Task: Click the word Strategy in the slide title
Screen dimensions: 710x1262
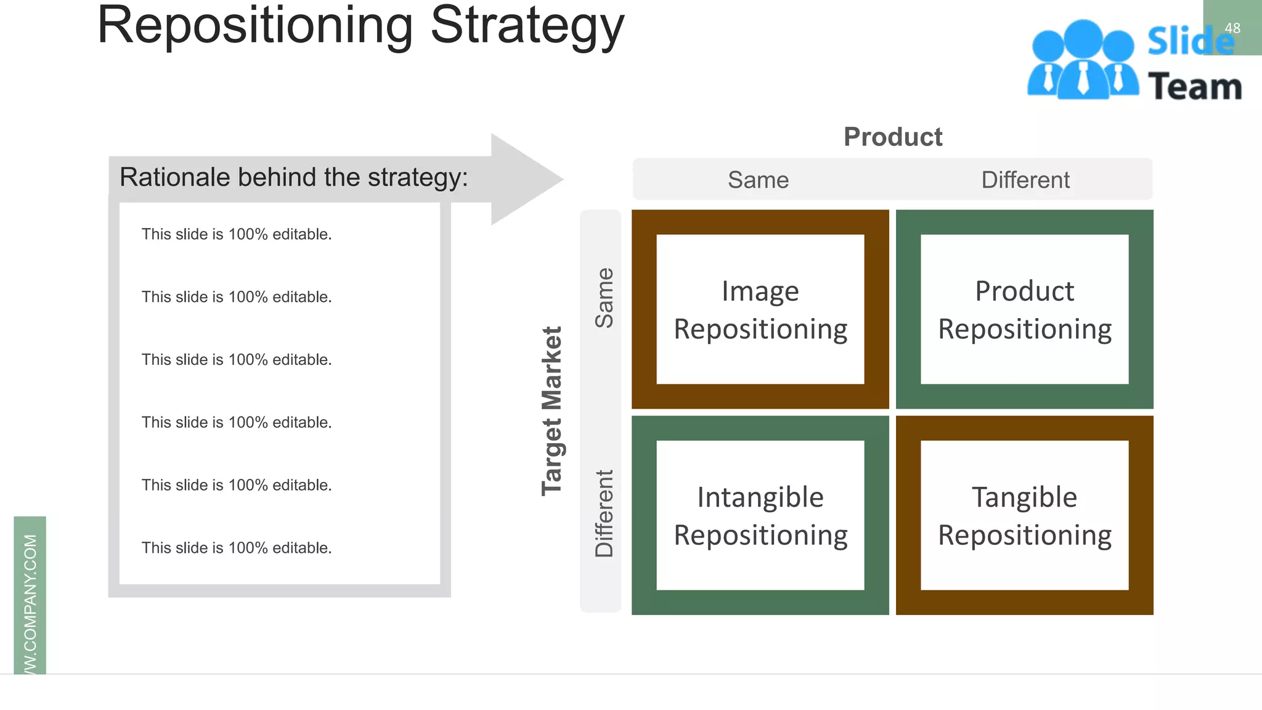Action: pyautogui.click(x=527, y=26)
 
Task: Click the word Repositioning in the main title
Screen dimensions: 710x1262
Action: pyautogui.click(x=255, y=26)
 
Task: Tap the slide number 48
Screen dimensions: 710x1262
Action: pyautogui.click(x=1232, y=28)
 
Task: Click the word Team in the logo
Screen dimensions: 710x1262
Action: pyautogui.click(x=1195, y=86)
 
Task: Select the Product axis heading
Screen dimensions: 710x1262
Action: pyautogui.click(x=892, y=137)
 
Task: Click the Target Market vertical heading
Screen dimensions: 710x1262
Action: pyautogui.click(x=552, y=410)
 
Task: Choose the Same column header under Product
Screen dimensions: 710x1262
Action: pyautogui.click(x=758, y=180)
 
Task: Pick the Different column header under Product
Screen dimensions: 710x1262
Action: pyautogui.click(x=1025, y=180)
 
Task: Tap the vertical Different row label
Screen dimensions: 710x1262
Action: pyautogui.click(x=604, y=513)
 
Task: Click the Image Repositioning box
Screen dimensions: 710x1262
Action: pyautogui.click(x=760, y=309)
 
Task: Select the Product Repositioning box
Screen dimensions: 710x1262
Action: pyautogui.click(x=1024, y=309)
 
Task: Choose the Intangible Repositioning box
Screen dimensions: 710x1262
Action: pyautogui.click(x=760, y=515)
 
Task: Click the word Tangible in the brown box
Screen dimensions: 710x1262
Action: pyautogui.click(x=1024, y=497)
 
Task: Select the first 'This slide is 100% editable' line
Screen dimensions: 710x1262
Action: pyautogui.click(x=237, y=234)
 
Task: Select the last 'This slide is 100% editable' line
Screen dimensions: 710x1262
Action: pyautogui.click(x=237, y=548)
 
